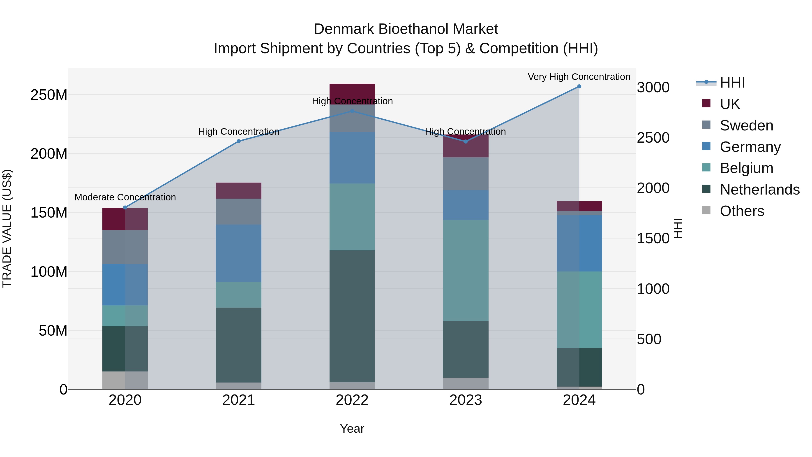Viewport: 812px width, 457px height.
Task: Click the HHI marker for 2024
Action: [x=579, y=86]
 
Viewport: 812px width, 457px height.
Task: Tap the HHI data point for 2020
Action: [x=125, y=208]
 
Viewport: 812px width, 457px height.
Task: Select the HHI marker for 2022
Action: [x=352, y=111]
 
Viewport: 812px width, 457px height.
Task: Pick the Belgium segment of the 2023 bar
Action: [x=466, y=270]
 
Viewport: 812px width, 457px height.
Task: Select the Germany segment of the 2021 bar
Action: [x=239, y=253]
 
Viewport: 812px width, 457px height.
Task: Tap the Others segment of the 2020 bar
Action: [x=125, y=380]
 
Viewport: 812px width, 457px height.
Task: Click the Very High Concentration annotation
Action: [x=579, y=77]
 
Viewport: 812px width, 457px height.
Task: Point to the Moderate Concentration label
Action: [x=125, y=197]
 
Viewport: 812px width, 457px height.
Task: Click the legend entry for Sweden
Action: [x=746, y=125]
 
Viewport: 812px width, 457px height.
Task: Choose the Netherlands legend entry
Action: [x=759, y=190]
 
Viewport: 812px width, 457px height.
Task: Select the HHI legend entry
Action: [x=732, y=83]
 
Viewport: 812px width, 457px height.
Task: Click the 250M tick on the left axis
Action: [x=49, y=95]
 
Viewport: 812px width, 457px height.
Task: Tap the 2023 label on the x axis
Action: [x=466, y=400]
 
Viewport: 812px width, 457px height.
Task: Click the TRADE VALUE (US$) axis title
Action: [x=7, y=228]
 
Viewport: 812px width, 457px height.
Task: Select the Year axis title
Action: [x=352, y=429]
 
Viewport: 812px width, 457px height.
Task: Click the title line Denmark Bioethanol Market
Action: [x=406, y=29]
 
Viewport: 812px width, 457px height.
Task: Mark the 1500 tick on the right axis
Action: [x=653, y=239]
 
